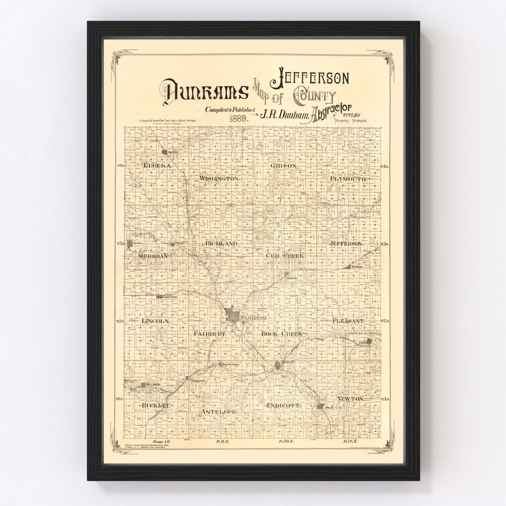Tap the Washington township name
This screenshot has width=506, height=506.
coord(220,179)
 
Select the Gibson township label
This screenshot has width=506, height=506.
coord(284,166)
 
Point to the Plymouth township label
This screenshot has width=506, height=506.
coord(349,179)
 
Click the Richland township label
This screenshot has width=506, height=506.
coord(222,244)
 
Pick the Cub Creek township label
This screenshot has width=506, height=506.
coord(285,256)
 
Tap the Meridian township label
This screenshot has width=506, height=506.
coord(153,256)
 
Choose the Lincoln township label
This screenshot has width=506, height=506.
coord(155,321)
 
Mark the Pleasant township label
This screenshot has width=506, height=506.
coord(348,321)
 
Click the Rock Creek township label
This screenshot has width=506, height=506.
coord(282,333)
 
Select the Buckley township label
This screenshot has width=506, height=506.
coord(155,405)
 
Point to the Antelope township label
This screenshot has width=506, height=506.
coord(218,412)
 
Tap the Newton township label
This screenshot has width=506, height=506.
coord(350,398)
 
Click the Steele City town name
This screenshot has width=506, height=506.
coord(334,408)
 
